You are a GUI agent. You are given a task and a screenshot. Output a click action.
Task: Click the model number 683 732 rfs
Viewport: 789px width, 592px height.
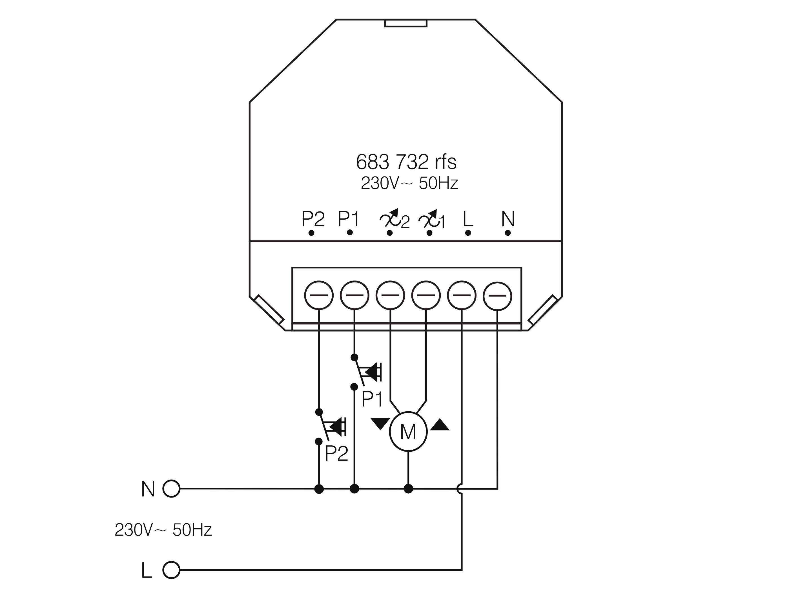(x=406, y=162)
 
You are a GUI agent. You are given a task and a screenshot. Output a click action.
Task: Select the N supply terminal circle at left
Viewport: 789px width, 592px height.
(x=171, y=489)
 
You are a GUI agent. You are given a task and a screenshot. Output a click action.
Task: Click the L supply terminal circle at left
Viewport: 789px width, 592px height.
(x=171, y=570)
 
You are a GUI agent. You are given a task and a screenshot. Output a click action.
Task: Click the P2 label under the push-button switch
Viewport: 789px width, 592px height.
(x=336, y=453)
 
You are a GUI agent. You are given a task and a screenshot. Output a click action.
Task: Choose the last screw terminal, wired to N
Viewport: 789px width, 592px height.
(x=497, y=296)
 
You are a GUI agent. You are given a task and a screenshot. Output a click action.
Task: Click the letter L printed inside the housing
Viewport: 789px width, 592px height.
(x=467, y=219)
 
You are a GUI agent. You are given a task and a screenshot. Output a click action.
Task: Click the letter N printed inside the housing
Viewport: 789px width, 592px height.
(x=508, y=219)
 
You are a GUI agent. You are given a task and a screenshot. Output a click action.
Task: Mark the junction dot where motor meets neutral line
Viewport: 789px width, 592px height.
(x=408, y=489)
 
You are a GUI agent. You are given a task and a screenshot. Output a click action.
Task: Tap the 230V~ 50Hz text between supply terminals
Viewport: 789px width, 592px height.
(x=163, y=530)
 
